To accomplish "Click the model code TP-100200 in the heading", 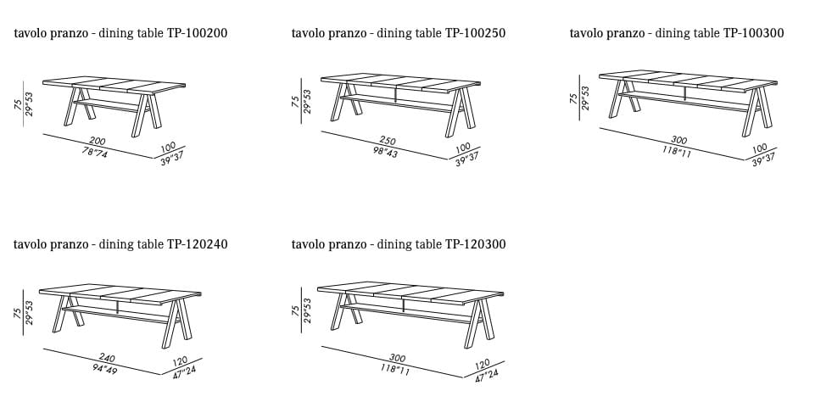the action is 197,33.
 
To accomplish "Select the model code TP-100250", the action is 475,33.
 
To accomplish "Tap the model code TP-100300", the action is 754,33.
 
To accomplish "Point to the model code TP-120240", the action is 197,244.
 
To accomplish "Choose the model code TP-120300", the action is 475,244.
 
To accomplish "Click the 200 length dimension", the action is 98,142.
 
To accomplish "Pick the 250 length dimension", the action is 388,141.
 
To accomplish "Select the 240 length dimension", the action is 107,358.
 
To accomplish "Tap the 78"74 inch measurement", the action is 95,153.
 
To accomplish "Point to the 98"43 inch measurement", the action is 385,151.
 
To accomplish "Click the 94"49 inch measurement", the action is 104,369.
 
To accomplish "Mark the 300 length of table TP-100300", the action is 678,140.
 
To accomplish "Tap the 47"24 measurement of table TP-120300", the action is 488,375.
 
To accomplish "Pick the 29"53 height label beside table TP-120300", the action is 307,310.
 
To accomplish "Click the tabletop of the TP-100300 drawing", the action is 688,81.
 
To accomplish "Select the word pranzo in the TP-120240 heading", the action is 70,245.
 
